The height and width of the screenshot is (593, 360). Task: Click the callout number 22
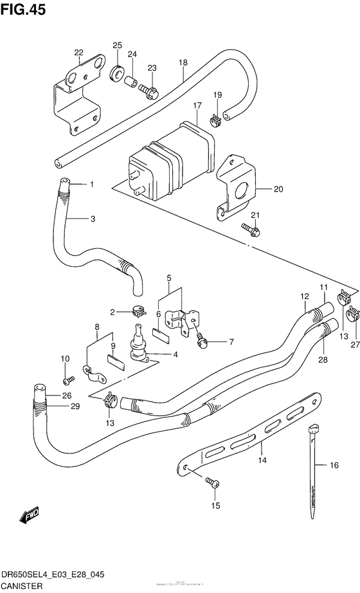coord(78,53)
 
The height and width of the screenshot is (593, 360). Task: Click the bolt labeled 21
coord(251,227)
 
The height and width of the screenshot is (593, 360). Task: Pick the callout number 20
coord(278,189)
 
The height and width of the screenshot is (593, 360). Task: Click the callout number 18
coord(183,62)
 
